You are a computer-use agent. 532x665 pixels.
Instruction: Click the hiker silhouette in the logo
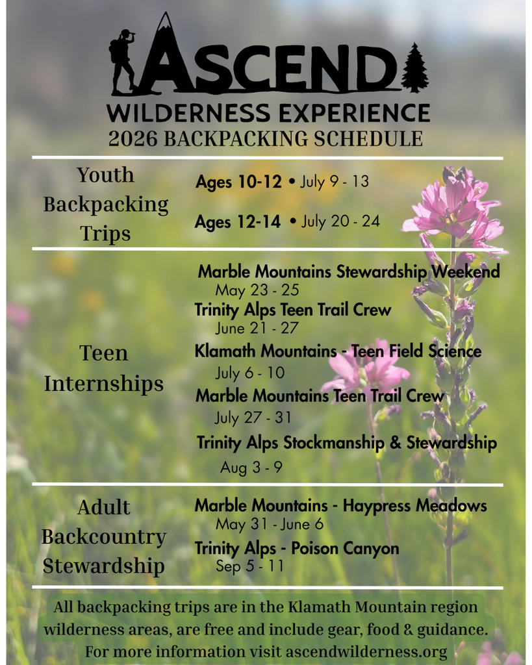[x=123, y=61]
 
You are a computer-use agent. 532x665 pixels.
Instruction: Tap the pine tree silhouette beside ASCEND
[x=414, y=68]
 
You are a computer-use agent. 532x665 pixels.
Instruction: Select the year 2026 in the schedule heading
[x=133, y=139]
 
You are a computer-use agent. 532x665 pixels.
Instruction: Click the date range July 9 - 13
[x=335, y=182]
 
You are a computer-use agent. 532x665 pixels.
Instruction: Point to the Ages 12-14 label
[x=238, y=222]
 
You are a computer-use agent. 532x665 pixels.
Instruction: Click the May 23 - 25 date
[x=257, y=290]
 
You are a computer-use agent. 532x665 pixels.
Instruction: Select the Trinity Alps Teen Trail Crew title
[x=293, y=310]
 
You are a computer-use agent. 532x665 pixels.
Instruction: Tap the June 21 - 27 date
[x=257, y=329]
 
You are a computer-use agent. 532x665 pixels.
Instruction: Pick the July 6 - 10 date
[x=250, y=373]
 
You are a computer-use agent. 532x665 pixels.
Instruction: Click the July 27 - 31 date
[x=253, y=417]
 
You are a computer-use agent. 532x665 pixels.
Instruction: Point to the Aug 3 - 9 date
[x=251, y=467]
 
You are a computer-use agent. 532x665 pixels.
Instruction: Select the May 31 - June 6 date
[x=270, y=524]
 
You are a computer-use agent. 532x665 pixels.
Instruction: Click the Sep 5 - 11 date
[x=249, y=566]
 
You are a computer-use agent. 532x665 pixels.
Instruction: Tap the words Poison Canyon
[x=345, y=549]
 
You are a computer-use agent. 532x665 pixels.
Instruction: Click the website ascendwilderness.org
[x=366, y=651]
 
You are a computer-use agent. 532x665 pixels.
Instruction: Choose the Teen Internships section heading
[x=103, y=369]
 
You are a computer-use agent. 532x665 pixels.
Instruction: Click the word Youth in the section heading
[x=105, y=175]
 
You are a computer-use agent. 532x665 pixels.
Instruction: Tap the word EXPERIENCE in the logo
[x=354, y=112]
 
